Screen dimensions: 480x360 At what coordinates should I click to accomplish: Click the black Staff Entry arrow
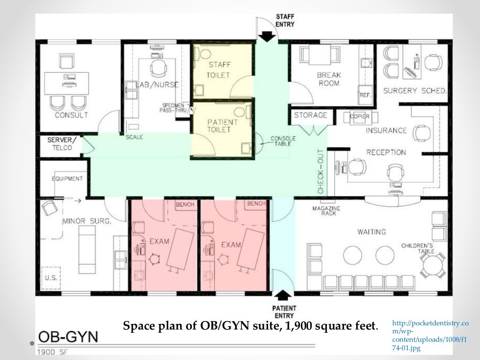point(267,37)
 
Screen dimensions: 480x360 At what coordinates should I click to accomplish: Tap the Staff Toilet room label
point(218,70)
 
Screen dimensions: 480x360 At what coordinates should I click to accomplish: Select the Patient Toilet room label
point(222,126)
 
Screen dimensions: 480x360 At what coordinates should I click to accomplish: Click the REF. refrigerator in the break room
point(365,95)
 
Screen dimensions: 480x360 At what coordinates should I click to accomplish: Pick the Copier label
point(360,116)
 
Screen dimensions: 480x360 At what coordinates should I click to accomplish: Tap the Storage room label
point(310,115)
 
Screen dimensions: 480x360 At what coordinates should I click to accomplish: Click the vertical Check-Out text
point(321,172)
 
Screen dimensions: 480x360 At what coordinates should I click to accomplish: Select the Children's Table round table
point(432,265)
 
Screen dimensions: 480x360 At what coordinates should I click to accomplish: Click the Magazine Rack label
point(326,210)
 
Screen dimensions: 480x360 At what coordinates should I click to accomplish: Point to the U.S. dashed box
point(51,278)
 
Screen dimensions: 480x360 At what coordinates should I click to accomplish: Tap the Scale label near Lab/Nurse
point(134,137)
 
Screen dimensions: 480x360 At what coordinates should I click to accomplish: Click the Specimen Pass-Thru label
point(173,107)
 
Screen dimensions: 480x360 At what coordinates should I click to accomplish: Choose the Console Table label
point(283,141)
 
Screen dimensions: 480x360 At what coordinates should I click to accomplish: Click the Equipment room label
point(67,179)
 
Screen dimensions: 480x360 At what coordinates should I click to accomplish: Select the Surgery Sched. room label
point(415,90)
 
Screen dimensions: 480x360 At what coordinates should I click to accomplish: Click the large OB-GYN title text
point(68,337)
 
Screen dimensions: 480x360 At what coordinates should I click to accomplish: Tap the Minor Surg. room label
point(87,221)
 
